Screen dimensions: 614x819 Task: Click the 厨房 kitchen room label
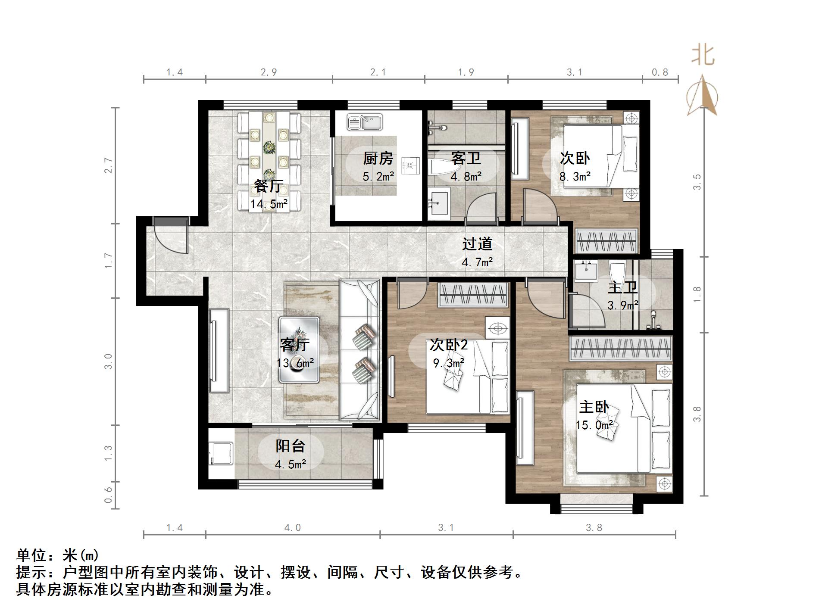378,158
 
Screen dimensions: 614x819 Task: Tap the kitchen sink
365,122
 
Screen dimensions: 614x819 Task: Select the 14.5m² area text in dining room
269,204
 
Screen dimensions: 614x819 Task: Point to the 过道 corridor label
477,244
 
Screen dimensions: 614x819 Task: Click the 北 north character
703,56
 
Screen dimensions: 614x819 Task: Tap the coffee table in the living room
299,350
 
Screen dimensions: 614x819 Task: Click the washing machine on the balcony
221,454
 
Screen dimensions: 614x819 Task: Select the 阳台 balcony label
290,446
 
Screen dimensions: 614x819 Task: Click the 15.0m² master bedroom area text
594,425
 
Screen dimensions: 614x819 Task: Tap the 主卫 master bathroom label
622,287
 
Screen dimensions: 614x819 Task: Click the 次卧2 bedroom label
448,345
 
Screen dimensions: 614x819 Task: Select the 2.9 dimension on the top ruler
269,72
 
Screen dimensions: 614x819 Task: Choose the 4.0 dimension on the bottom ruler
292,527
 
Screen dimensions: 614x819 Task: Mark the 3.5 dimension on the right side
697,182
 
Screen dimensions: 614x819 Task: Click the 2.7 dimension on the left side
108,165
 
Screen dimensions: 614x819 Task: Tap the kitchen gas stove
410,165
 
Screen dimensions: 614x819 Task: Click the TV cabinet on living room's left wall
219,350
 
